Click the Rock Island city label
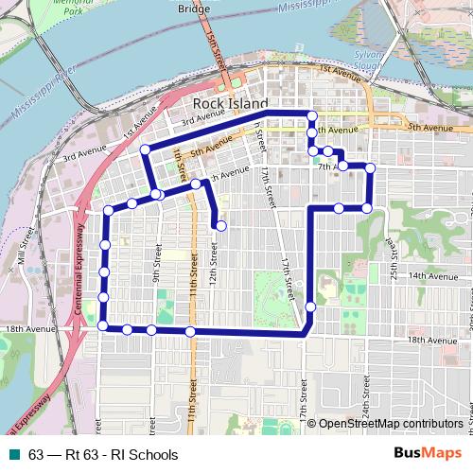230,103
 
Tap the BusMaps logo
429,454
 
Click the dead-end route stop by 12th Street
220,225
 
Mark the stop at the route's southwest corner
102,326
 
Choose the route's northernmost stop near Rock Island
311,116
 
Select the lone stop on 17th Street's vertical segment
310,307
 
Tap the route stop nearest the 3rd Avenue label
146,149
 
